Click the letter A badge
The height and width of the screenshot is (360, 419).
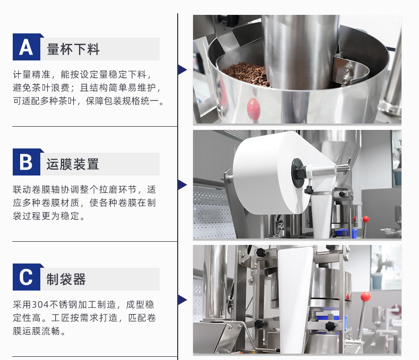(27, 47)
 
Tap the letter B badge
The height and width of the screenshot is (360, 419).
(27, 162)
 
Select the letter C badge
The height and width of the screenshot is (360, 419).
(27, 277)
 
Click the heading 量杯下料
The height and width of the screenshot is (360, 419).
(73, 49)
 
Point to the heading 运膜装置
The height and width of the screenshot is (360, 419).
(73, 164)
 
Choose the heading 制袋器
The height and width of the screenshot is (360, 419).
(66, 279)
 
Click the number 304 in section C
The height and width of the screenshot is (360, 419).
(40, 304)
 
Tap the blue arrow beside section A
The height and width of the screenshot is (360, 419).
(182, 69)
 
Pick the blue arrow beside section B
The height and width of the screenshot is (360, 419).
(182, 185)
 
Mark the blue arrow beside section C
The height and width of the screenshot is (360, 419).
(182, 300)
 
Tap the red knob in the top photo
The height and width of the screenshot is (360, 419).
(254, 108)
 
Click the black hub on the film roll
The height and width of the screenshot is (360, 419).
(298, 172)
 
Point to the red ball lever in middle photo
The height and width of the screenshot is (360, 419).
(365, 220)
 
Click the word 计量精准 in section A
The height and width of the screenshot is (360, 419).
(31, 74)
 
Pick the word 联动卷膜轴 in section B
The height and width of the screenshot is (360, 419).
(37, 189)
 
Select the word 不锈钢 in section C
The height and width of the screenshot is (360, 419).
(63, 304)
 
